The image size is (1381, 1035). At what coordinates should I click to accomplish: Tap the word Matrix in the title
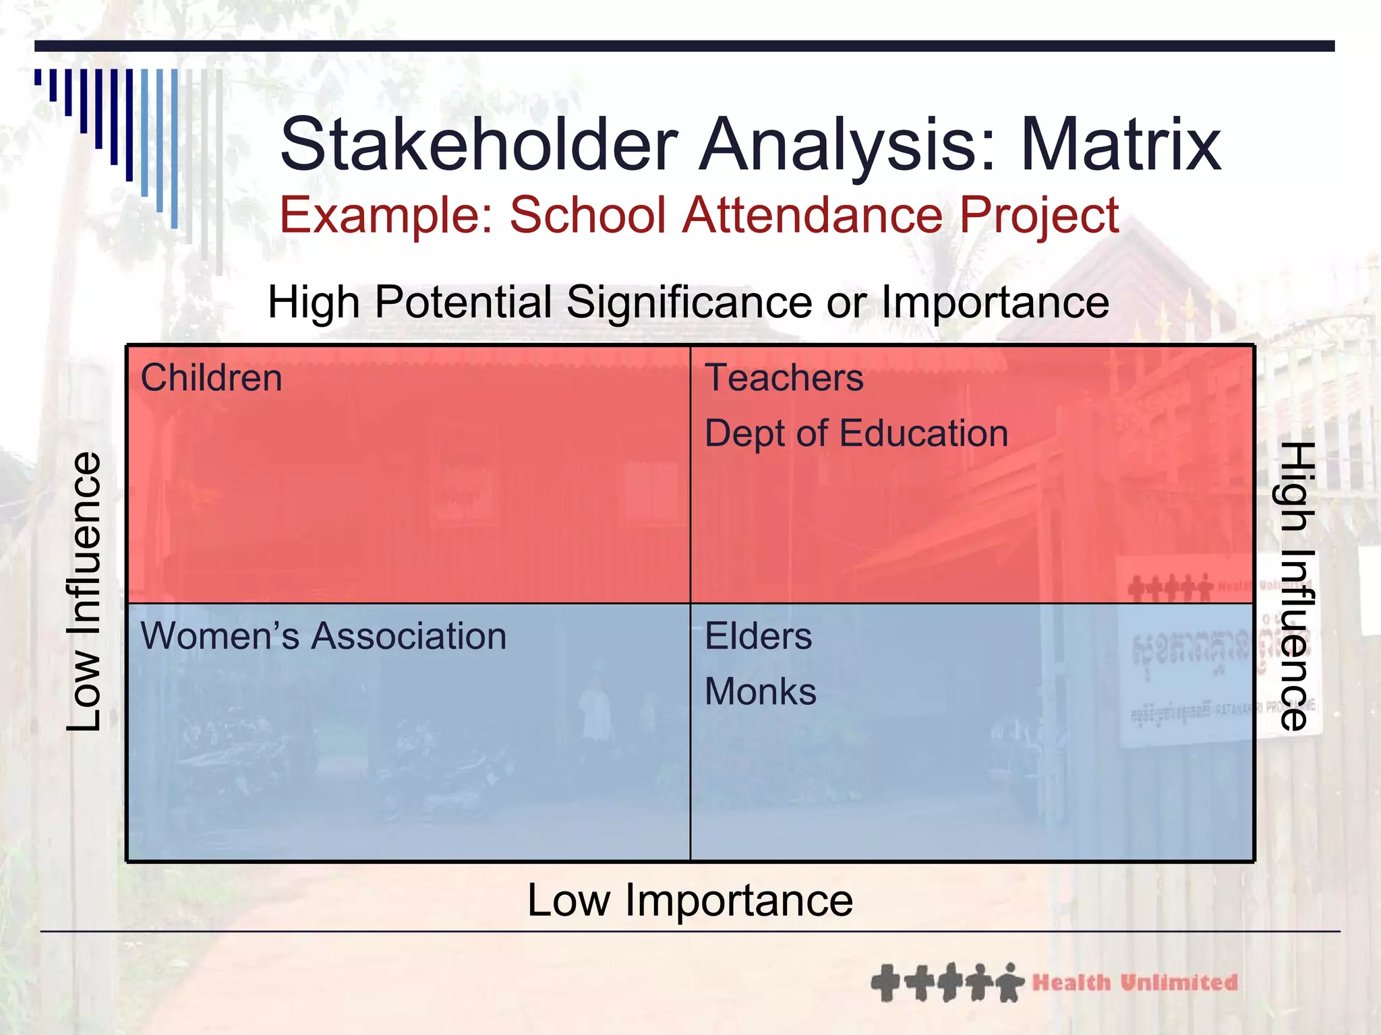pyautogui.click(x=1121, y=145)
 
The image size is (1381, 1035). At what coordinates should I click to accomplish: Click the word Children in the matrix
pyautogui.click(x=211, y=377)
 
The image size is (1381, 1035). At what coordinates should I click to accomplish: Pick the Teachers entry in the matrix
pyautogui.click(x=784, y=377)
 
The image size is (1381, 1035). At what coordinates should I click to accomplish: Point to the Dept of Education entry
pyautogui.click(x=856, y=433)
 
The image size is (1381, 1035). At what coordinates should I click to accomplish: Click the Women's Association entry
pyautogui.click(x=323, y=636)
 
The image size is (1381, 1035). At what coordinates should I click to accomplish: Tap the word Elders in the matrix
pyautogui.click(x=758, y=636)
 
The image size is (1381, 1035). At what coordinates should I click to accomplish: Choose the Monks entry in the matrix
pyautogui.click(x=760, y=692)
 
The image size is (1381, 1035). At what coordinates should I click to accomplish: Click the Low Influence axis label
pyautogui.click(x=85, y=592)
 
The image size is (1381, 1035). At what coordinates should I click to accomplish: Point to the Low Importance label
pyautogui.click(x=690, y=900)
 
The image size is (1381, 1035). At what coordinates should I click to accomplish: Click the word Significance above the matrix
pyautogui.click(x=689, y=302)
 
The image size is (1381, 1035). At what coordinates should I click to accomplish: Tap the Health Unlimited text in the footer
pyautogui.click(x=1135, y=982)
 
